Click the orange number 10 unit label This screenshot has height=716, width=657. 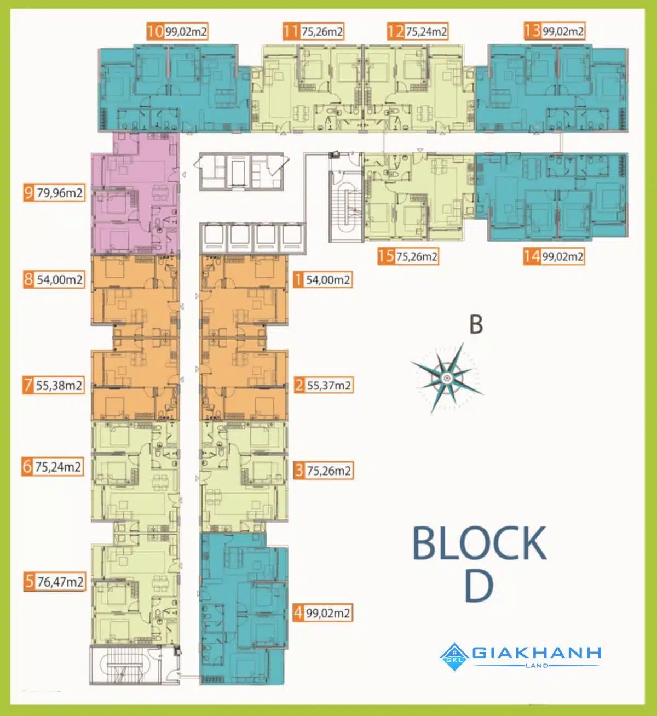[x=155, y=31]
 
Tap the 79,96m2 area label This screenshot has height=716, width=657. [x=60, y=193]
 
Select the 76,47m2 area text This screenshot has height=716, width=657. [x=60, y=582]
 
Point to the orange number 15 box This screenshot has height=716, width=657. [x=386, y=256]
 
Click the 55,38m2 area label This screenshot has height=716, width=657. [x=59, y=386]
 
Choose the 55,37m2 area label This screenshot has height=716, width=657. [x=328, y=386]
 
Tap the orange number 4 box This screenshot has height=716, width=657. [x=298, y=613]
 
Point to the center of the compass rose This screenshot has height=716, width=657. [x=447, y=379]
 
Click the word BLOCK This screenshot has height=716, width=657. [x=479, y=543]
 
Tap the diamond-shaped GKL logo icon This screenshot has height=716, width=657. [x=454, y=657]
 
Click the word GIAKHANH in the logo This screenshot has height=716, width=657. [x=537, y=653]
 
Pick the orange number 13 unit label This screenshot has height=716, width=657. [x=533, y=31]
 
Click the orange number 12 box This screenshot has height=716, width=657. [x=396, y=31]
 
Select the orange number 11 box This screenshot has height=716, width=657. [x=291, y=31]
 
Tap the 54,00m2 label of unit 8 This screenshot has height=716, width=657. [x=60, y=279]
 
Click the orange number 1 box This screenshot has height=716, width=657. [x=298, y=279]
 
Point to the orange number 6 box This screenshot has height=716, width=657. [x=27, y=467]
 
